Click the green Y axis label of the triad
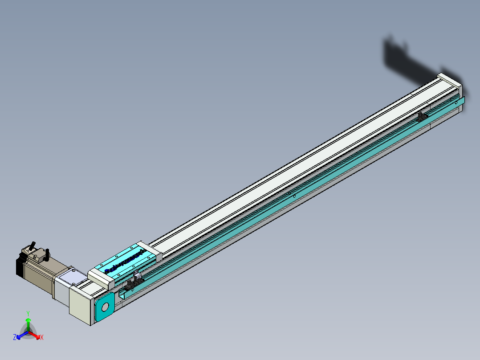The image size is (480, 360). click(28, 313)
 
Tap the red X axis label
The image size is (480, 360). click(41, 338)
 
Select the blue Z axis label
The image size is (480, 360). click(15, 338)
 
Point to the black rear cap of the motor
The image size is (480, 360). click(19, 266)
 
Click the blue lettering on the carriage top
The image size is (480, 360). click(122, 263)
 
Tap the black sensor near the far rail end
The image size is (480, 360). click(422, 117)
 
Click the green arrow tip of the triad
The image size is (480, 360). click(28, 320)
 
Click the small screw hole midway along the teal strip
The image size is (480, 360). click(294, 196)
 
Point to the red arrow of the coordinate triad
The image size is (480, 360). click(36, 335)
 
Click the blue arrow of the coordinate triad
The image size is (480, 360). click(20, 335)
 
